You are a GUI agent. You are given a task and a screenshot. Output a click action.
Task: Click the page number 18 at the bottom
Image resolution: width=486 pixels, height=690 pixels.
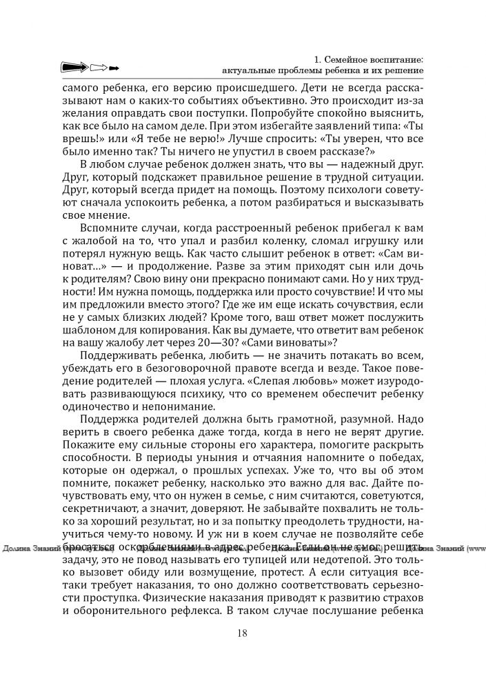pyautogui.click(x=243, y=633)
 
